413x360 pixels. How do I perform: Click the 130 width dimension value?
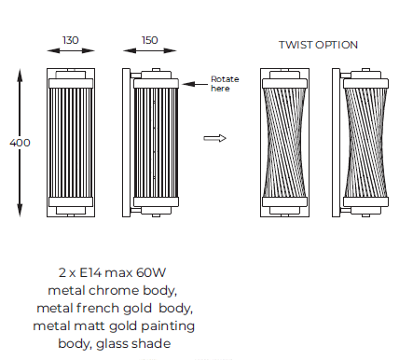71,40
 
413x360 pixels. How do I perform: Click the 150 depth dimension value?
150,40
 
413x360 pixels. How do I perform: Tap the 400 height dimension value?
20,143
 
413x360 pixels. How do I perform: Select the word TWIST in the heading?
296,45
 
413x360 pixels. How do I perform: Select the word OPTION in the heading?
337,45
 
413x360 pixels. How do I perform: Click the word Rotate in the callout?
225,79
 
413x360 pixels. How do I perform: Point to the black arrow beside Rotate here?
195,84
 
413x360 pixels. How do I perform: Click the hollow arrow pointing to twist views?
214,138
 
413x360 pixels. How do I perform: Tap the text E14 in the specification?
90,272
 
